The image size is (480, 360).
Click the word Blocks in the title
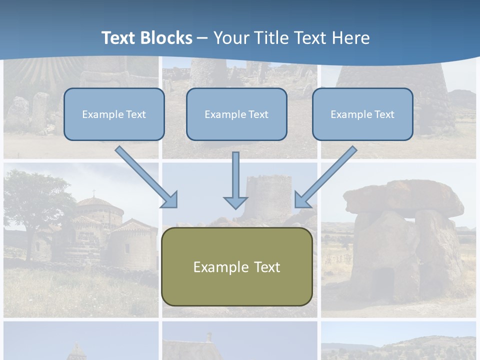pos(167,38)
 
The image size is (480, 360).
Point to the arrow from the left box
pos(145,176)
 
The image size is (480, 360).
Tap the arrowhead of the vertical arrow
pos(235,202)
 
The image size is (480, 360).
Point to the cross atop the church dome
pos(93,192)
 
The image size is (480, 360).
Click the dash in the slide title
pos(202,38)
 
